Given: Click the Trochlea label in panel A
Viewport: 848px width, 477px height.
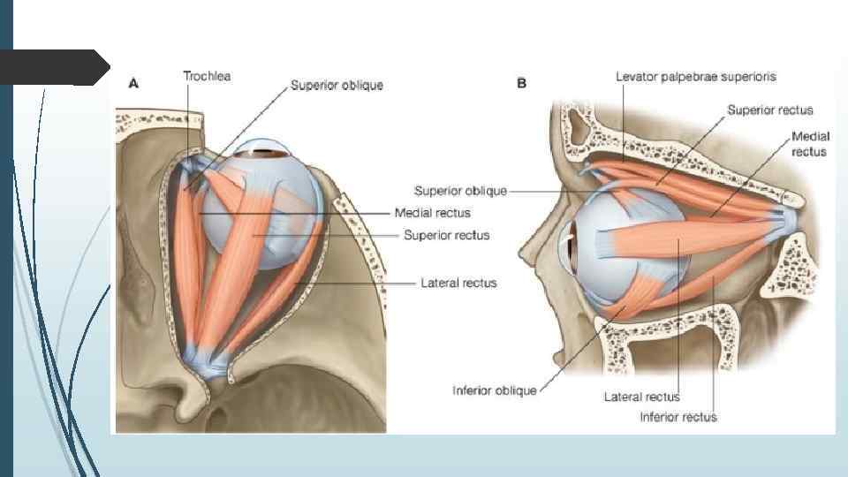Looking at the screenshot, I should (x=207, y=77).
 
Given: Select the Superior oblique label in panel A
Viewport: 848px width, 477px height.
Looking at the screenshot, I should (x=337, y=87).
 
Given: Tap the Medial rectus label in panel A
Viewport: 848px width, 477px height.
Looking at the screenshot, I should (x=432, y=213).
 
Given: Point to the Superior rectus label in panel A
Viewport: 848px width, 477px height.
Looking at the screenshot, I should (x=446, y=235).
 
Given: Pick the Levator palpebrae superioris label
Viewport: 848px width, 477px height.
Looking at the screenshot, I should (x=696, y=77).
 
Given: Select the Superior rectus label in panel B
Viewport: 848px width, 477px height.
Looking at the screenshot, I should (x=769, y=110).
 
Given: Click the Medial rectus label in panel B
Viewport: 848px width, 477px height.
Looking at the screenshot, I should (x=809, y=145).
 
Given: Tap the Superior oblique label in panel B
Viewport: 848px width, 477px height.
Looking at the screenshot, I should (x=460, y=191).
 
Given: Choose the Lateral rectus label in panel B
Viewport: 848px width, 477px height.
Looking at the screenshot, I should (x=642, y=397).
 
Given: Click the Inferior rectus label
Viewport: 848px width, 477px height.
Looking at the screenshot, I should (x=678, y=417).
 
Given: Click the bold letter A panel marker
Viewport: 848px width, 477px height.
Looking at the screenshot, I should (x=134, y=83).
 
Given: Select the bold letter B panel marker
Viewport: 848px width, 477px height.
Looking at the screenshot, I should (x=521, y=83).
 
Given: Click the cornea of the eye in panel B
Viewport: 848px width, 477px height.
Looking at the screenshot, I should (x=568, y=242).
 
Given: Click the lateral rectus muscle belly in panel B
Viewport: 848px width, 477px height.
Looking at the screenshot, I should (x=680, y=239).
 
